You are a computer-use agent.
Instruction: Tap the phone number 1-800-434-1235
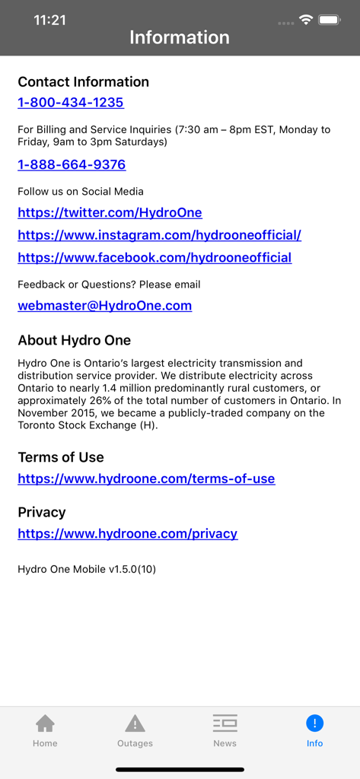71,103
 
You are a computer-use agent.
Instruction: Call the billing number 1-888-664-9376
72,164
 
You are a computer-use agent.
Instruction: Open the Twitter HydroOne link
110,213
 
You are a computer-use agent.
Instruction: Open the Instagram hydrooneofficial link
159,235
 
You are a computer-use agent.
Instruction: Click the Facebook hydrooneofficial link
155,258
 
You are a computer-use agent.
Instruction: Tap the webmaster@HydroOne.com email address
104,306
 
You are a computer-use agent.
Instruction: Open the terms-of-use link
146,479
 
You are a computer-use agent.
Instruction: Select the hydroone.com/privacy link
127,533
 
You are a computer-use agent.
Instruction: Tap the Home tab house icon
45,723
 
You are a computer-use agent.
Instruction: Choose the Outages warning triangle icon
135,723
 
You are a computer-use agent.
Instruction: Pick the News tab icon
225,723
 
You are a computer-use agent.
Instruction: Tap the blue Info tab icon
314,723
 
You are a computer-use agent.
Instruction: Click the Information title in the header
180,37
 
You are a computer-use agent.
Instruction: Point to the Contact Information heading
83,81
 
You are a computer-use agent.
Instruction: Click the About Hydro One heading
74,340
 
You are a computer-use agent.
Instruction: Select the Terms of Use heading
61,457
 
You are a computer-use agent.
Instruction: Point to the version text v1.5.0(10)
87,568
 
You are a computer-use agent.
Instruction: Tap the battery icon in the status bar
330,20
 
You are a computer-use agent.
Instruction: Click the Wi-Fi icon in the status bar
306,20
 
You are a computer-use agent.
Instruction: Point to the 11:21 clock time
49,21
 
